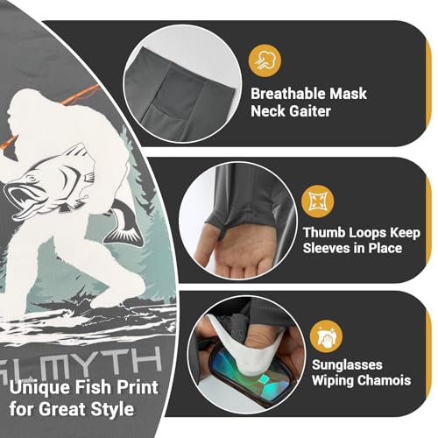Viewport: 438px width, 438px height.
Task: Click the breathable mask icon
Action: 262,59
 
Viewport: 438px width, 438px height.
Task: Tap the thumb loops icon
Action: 317,202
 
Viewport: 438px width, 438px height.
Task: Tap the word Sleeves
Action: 333,249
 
